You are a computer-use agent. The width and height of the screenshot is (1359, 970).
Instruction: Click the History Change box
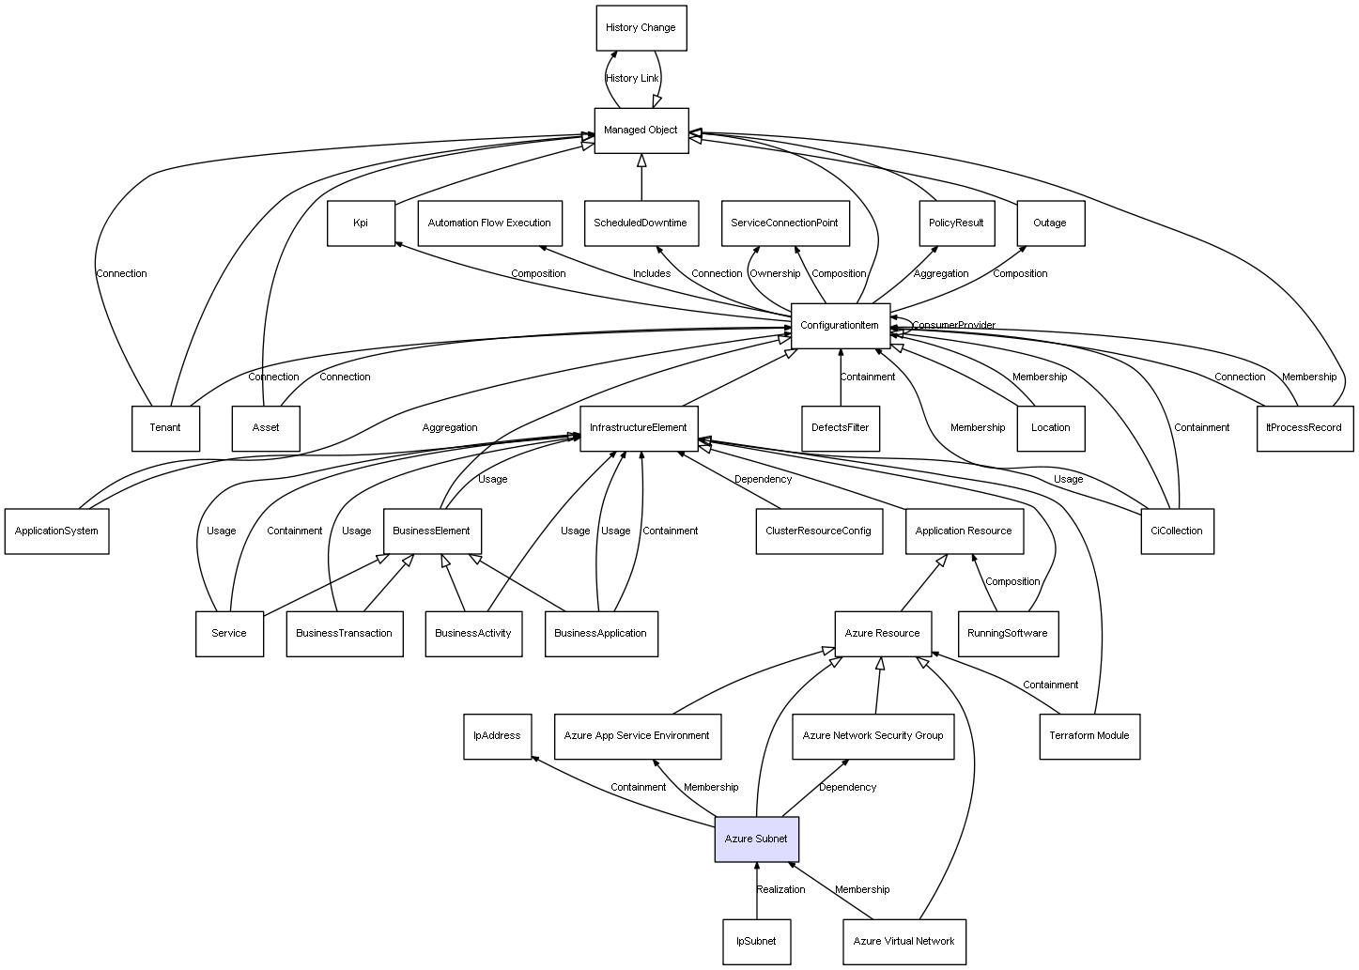tap(641, 28)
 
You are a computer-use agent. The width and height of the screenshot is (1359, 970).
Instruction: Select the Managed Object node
tap(641, 131)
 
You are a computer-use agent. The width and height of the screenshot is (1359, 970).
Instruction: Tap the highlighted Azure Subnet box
tap(756, 839)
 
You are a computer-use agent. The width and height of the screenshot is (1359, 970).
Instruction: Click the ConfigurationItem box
tap(840, 326)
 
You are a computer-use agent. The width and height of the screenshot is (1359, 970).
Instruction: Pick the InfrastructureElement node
tap(639, 428)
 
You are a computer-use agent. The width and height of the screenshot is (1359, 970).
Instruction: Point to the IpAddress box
tap(497, 736)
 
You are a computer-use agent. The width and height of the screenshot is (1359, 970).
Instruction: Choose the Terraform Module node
tap(1089, 736)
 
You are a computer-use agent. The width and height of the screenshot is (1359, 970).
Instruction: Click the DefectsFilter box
tap(841, 428)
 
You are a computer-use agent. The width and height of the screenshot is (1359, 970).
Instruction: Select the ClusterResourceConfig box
tap(818, 531)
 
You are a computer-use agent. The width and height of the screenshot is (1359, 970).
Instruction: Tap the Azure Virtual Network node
tap(903, 942)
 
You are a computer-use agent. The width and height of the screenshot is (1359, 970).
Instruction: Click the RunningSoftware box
tap(1008, 634)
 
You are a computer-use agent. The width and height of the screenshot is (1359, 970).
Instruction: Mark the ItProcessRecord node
tap(1305, 428)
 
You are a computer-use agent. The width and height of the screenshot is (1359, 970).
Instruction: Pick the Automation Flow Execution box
tap(489, 223)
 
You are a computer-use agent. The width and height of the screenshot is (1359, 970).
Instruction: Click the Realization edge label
tap(781, 890)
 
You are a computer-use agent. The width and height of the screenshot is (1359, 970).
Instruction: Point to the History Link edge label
tap(632, 79)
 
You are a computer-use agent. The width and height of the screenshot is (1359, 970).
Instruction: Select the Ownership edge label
tap(775, 274)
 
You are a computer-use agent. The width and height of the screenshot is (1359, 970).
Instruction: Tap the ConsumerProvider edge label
tap(953, 326)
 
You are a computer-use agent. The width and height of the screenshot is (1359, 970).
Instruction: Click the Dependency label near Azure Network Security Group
tap(847, 788)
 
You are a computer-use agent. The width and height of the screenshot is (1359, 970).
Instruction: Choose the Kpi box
tap(361, 223)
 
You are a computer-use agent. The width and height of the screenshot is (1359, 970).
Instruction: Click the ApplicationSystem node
tap(56, 531)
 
